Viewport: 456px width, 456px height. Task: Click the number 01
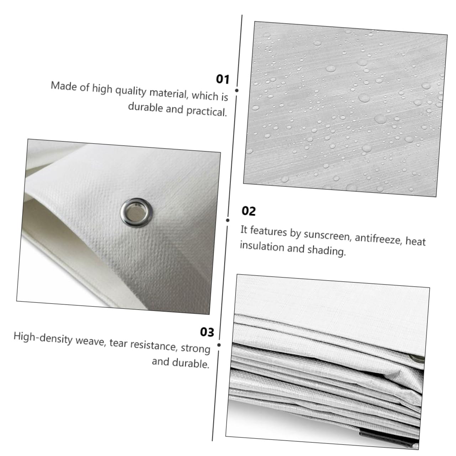coord(223,79)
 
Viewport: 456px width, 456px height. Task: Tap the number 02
coord(248,211)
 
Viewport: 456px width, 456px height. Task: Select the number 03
coord(207,332)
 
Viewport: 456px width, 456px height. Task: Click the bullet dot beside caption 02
coord(228,220)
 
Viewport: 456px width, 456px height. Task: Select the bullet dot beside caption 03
coord(219,345)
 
